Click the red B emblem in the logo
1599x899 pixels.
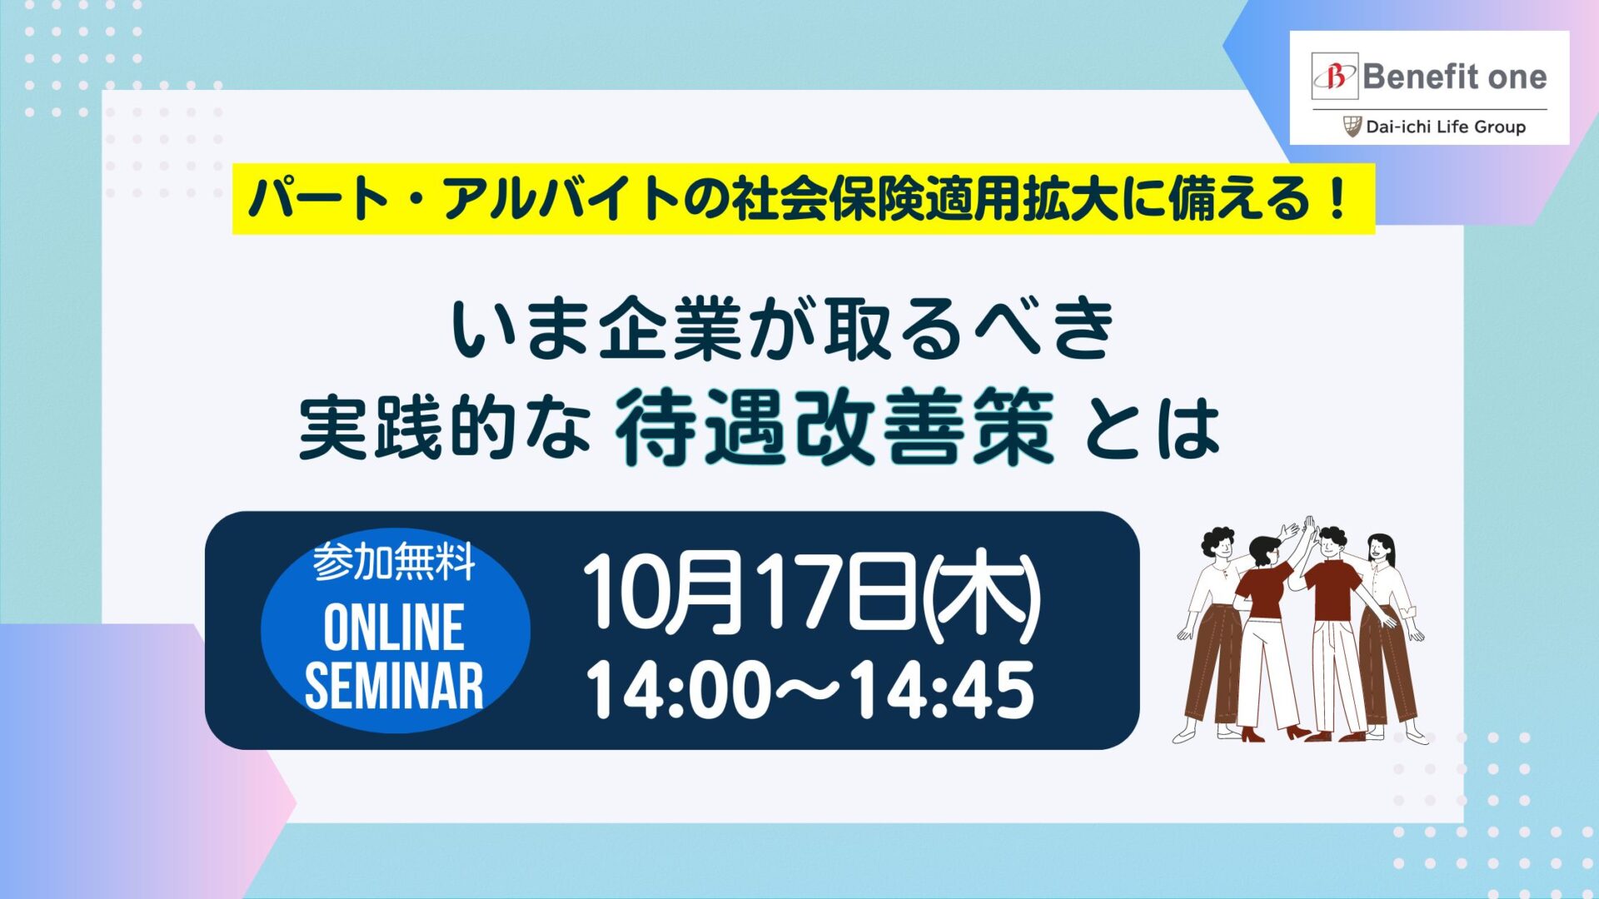point(1334,77)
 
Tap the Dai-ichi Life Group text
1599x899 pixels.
point(1446,127)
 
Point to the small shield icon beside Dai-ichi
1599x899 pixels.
point(1352,127)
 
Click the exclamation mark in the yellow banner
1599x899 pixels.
point(1338,200)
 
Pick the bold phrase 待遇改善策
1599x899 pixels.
point(834,428)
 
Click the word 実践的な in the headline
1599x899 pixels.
point(445,428)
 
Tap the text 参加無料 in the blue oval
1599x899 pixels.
point(394,563)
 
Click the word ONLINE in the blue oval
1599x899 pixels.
point(394,628)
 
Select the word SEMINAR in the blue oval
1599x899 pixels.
point(394,686)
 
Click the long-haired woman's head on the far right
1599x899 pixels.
point(1381,551)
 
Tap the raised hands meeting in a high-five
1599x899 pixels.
point(1303,530)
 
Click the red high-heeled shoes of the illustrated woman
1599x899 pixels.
point(1275,734)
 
